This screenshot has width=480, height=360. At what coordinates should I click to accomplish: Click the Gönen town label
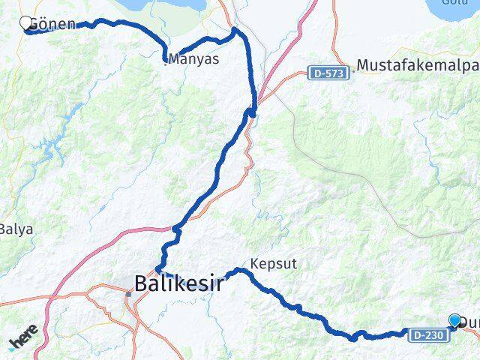[x=52, y=24]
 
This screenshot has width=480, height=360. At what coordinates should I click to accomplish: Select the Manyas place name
[x=195, y=58]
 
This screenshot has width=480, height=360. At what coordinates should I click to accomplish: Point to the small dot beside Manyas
[x=166, y=61]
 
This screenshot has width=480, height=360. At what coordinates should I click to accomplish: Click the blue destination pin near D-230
[x=454, y=321]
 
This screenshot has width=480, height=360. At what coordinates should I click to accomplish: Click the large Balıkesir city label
[x=180, y=283]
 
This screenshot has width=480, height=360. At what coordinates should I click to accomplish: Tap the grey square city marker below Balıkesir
[x=128, y=294]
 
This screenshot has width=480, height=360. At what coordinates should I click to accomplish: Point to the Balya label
[x=16, y=229]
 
